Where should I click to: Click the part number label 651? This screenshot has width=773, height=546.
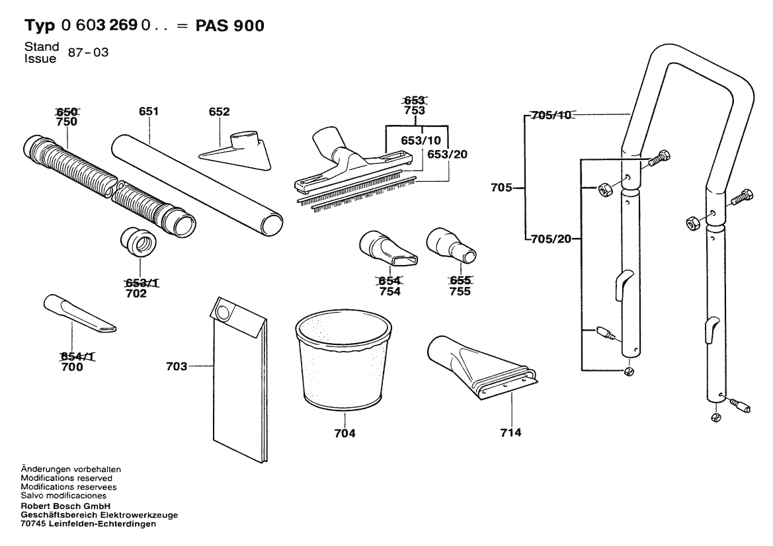coord(149,112)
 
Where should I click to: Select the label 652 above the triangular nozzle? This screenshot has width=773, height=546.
coord(219,112)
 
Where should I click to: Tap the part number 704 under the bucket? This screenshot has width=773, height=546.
coord(345,434)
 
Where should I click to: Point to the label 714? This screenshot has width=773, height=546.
coord(511,432)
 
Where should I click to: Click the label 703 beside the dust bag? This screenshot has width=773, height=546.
coord(177,366)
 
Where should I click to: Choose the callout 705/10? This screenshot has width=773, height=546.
coord(551,116)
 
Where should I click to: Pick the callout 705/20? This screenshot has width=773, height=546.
coord(551,238)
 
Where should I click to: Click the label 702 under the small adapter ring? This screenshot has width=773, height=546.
coord(136,293)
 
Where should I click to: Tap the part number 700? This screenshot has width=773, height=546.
coord(71,367)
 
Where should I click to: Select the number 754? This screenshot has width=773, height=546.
coord(389,292)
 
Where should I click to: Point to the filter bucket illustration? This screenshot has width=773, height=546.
coord(343,360)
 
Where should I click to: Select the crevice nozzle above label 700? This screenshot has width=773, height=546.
coord(79,313)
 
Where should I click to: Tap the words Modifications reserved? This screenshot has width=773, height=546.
coord(67,478)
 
